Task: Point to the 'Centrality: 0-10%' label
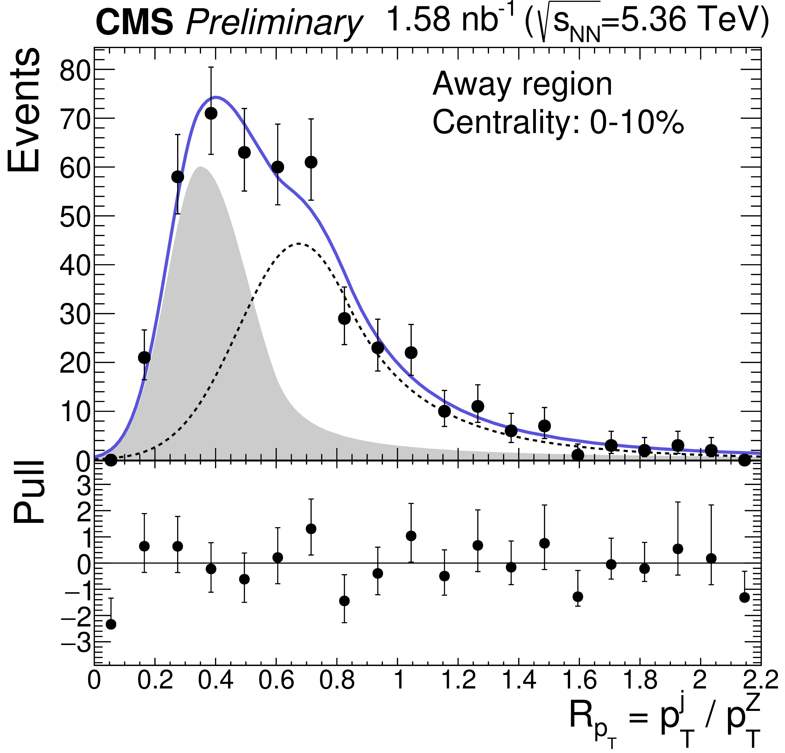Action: tap(558, 122)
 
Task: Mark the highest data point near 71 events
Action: tap(211, 113)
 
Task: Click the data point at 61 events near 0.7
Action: tap(311, 162)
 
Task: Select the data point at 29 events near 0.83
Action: tap(345, 318)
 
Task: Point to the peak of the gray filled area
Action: tap(200, 167)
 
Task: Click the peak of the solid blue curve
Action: tap(216, 97)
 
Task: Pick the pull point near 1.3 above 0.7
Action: tap(311, 529)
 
